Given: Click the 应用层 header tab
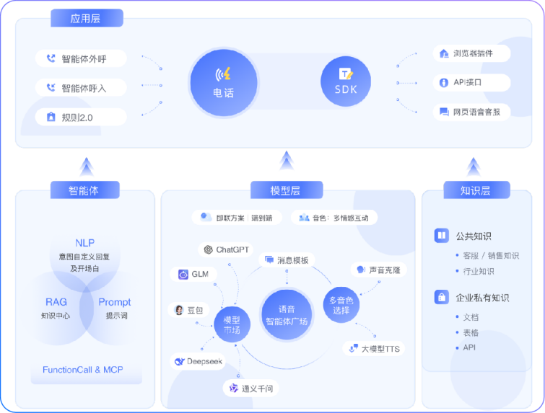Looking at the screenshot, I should [87, 19].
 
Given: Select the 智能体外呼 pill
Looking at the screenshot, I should [81, 59].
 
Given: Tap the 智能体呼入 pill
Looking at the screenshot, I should [81, 88].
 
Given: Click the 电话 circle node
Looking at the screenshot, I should [223, 82].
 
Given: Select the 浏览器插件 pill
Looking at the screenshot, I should [472, 53].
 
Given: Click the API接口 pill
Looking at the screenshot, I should [472, 82].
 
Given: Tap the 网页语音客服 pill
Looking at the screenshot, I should [472, 112].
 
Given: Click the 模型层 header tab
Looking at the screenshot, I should [286, 190].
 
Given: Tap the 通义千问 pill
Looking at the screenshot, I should [250, 388].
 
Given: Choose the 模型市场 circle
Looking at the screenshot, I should [232, 324].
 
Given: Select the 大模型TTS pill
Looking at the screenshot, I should [373, 349].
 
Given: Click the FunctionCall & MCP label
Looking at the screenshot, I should [83, 370].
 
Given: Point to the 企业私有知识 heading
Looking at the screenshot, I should [482, 297].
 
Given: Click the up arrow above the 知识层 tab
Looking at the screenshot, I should [474, 166].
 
